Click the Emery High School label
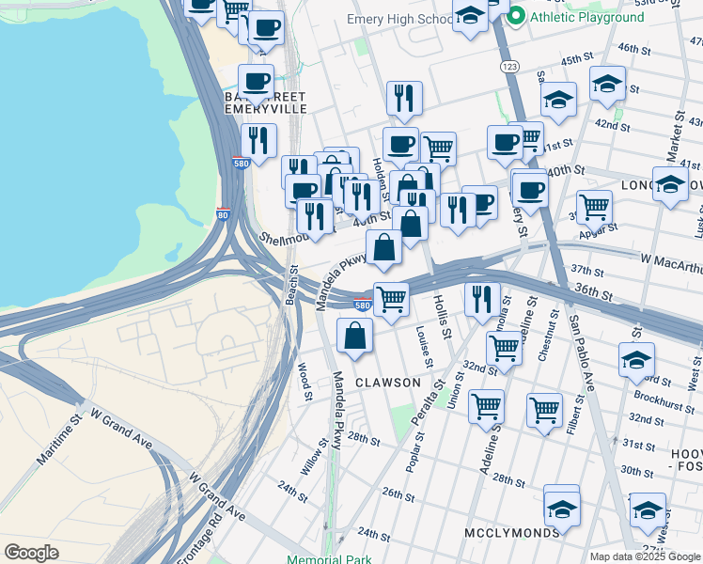click(x=399, y=20)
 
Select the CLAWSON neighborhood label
click(x=388, y=383)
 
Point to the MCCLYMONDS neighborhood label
click(x=512, y=533)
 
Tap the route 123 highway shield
click(x=509, y=66)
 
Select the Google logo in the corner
click(x=31, y=553)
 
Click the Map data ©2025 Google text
click(x=645, y=556)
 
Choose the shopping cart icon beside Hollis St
click(x=391, y=299)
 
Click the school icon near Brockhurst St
click(x=636, y=360)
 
